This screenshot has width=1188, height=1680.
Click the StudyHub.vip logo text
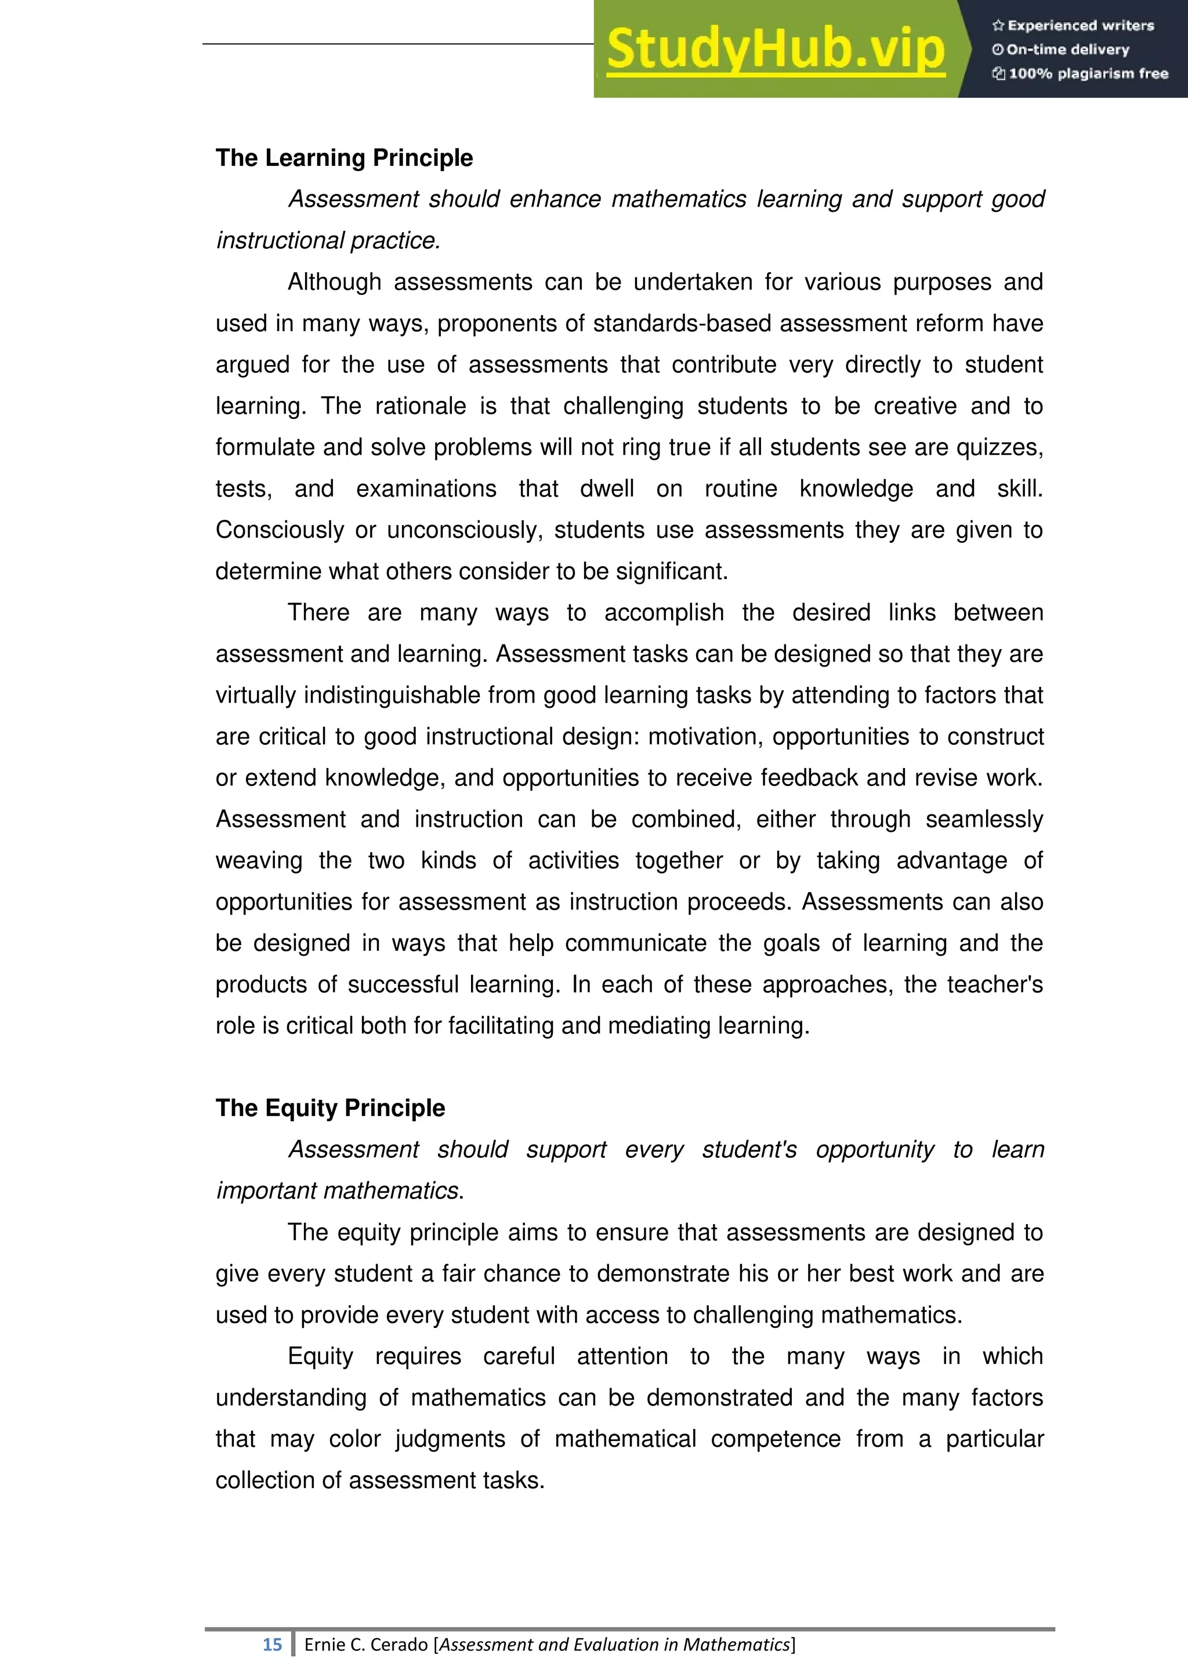pyautogui.click(x=776, y=49)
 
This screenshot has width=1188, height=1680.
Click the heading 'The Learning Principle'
pyautogui.click(x=344, y=158)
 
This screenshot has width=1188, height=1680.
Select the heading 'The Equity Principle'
pyautogui.click(x=330, y=1108)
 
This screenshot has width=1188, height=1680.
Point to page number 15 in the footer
pyautogui.click(x=272, y=1644)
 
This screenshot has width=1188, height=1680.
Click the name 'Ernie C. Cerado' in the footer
pyautogui.click(x=366, y=1644)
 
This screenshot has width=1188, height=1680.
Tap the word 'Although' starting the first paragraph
pyautogui.click(x=334, y=283)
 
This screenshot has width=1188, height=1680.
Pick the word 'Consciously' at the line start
pyautogui.click(x=280, y=530)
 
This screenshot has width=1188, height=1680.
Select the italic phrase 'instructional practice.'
pyautogui.click(x=328, y=241)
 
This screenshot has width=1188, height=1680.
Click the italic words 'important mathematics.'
pyautogui.click(x=339, y=1191)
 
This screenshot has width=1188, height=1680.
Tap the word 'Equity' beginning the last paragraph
pyautogui.click(x=320, y=1356)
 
